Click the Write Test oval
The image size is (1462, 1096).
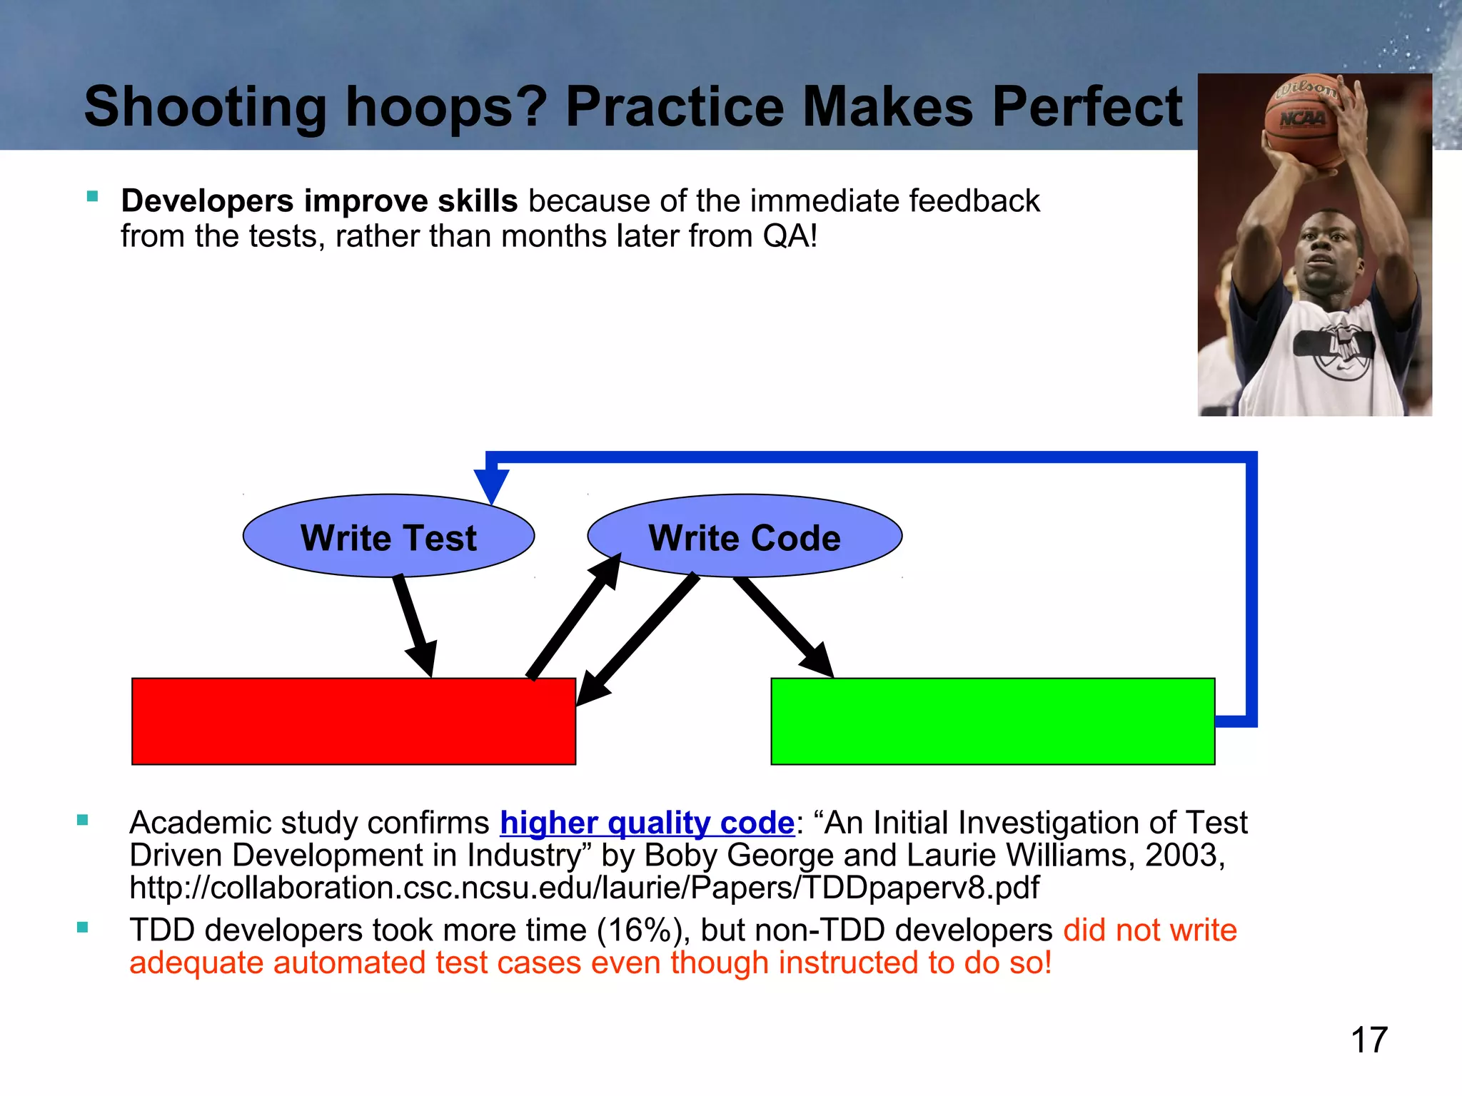[388, 536]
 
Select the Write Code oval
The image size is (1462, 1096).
[745, 536]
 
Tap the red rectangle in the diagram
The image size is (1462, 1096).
[353, 721]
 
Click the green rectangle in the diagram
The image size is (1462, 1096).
[992, 721]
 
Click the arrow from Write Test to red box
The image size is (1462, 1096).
[415, 624]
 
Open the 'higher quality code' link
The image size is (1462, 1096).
[647, 823]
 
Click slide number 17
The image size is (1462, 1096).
[1368, 1040]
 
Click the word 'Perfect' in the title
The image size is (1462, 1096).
[1087, 107]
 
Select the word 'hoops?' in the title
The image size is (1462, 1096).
[446, 107]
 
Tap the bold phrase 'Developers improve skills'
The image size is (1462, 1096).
[319, 201]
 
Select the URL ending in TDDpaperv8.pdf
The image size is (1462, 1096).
[584, 888]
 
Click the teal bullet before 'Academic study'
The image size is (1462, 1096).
[83, 821]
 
